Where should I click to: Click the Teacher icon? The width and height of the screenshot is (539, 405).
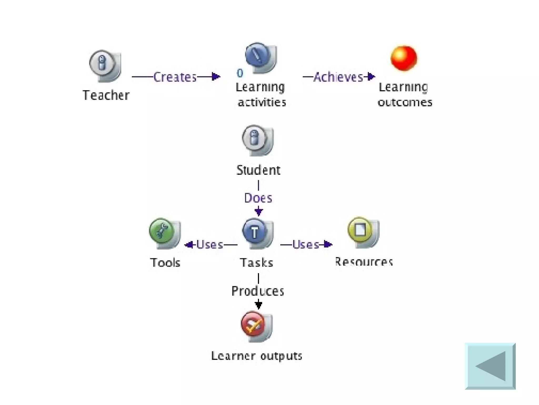pos(104,65)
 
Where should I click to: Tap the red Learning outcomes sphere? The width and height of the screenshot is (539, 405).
pos(403,58)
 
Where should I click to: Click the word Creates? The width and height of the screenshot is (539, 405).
pos(175,77)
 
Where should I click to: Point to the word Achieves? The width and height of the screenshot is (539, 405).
pos(338,77)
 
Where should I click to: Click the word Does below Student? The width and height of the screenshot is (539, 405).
pos(258,198)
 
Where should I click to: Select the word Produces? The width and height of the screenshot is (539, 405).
pos(258,291)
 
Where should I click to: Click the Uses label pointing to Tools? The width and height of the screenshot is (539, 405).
pos(209,245)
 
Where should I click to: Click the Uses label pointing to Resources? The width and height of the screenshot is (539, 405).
pos(306,245)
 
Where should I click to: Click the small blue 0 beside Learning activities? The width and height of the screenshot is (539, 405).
pos(240,73)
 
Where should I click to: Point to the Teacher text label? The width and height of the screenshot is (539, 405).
pos(106,95)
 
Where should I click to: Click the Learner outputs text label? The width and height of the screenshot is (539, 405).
pos(257,356)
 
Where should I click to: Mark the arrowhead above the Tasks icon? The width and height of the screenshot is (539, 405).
pos(258,211)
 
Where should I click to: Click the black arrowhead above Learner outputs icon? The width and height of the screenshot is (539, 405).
pos(258,305)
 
